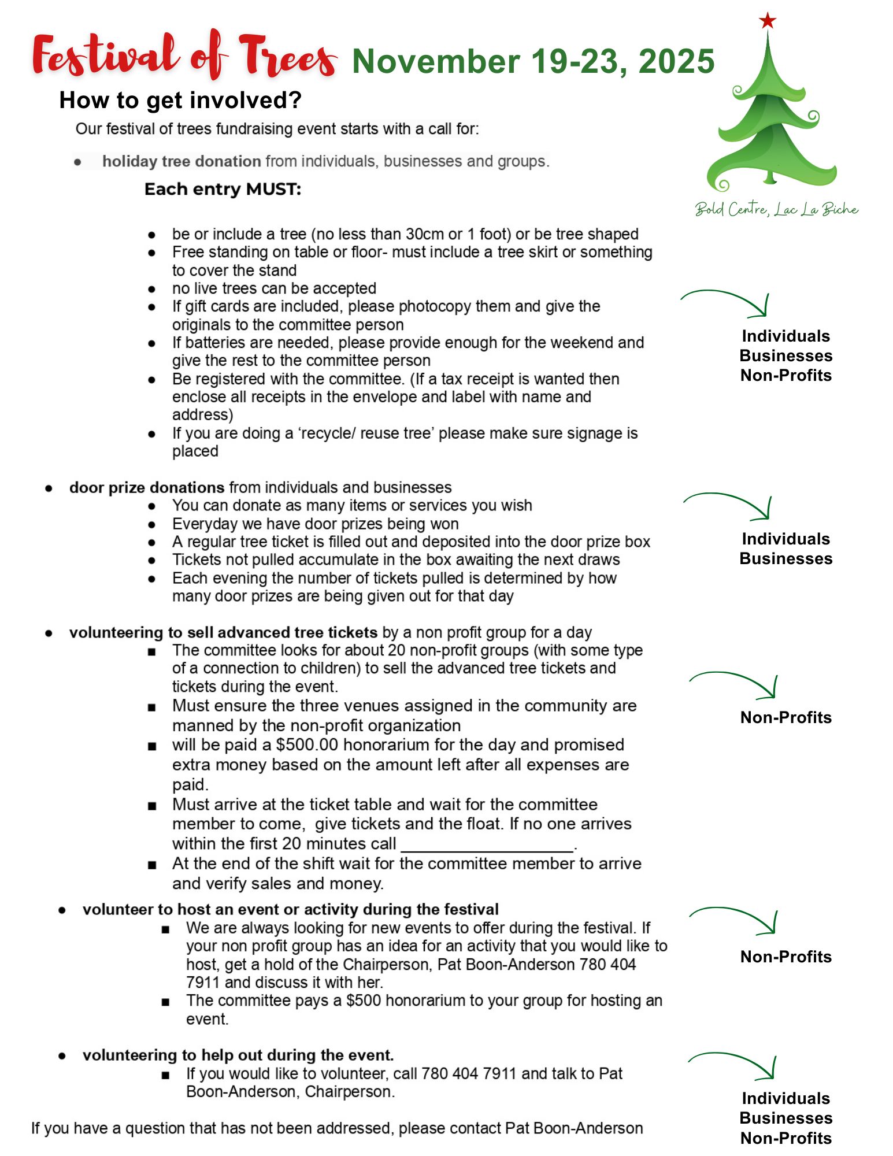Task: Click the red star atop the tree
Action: [767, 21]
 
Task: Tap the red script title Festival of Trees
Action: [184, 56]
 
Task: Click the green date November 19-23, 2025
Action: [533, 61]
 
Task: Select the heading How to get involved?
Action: [180, 101]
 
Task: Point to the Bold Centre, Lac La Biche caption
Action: [776, 209]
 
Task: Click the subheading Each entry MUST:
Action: [223, 189]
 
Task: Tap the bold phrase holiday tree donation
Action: [181, 161]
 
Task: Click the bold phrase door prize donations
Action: [147, 487]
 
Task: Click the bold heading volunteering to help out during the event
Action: [238, 1055]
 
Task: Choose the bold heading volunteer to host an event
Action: [290, 909]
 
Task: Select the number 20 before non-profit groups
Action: [397, 650]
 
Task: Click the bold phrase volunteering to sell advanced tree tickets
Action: [223, 632]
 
